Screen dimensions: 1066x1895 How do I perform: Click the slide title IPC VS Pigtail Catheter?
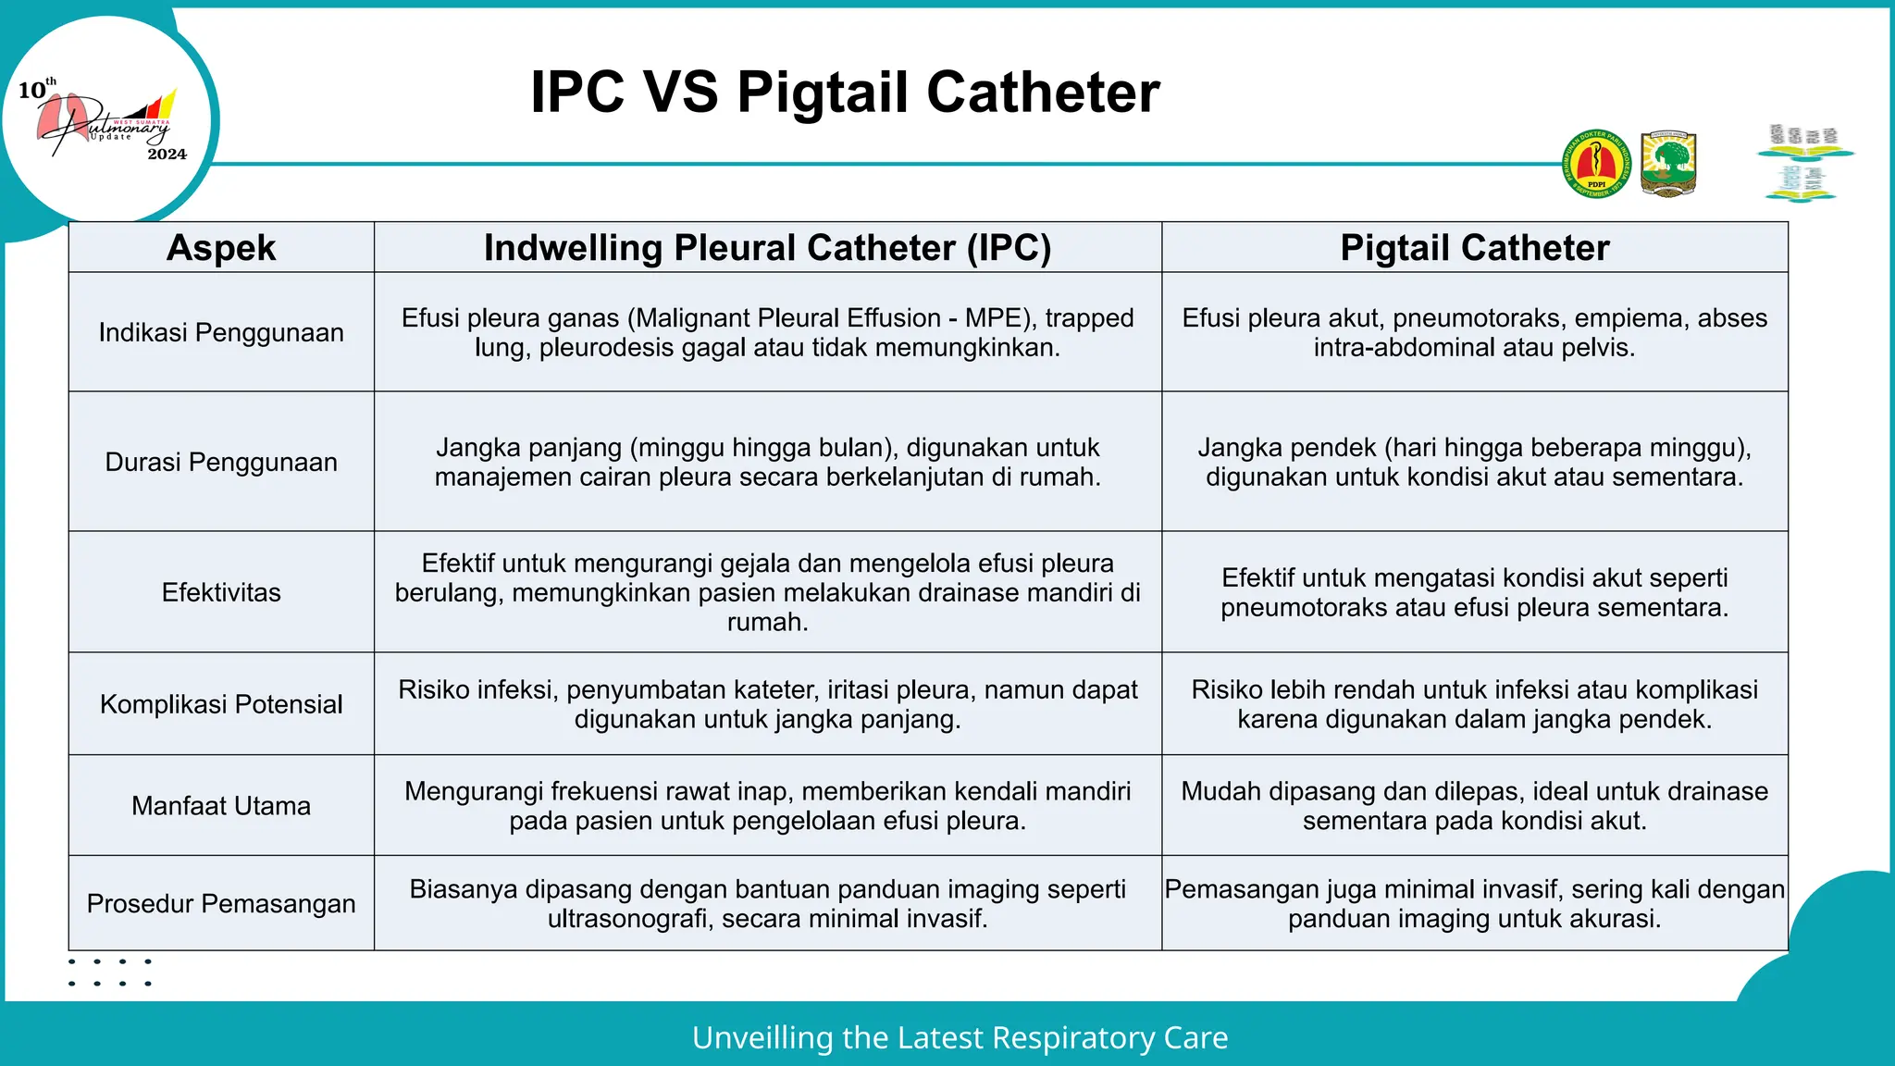point(845,93)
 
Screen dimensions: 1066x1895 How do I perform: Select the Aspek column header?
point(221,248)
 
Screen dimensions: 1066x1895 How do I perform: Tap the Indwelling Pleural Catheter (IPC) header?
point(767,248)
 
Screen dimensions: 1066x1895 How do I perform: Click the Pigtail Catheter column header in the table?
point(1474,248)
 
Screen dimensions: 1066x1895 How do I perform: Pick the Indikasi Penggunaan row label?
point(221,332)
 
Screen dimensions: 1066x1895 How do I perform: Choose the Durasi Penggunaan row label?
point(221,462)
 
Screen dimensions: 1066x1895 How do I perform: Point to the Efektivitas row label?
point(221,592)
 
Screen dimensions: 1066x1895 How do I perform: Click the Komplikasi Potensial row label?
point(221,704)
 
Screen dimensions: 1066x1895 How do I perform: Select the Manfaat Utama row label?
point(221,806)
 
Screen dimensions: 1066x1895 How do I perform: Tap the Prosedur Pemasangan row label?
point(221,904)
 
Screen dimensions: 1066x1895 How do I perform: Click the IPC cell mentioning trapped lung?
point(767,332)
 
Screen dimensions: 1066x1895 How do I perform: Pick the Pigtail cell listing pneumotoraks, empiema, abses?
point(1474,332)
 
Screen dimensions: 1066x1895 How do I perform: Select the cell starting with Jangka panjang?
point(767,462)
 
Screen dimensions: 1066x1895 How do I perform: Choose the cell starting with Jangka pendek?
point(1474,462)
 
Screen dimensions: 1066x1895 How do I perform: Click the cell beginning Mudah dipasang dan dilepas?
point(1474,806)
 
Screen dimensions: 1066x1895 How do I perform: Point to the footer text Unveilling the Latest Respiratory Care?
point(960,1038)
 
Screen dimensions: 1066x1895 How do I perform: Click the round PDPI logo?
point(1596,164)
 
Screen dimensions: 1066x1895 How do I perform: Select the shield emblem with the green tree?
point(1668,164)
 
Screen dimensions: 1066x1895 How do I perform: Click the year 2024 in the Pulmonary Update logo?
point(167,155)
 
